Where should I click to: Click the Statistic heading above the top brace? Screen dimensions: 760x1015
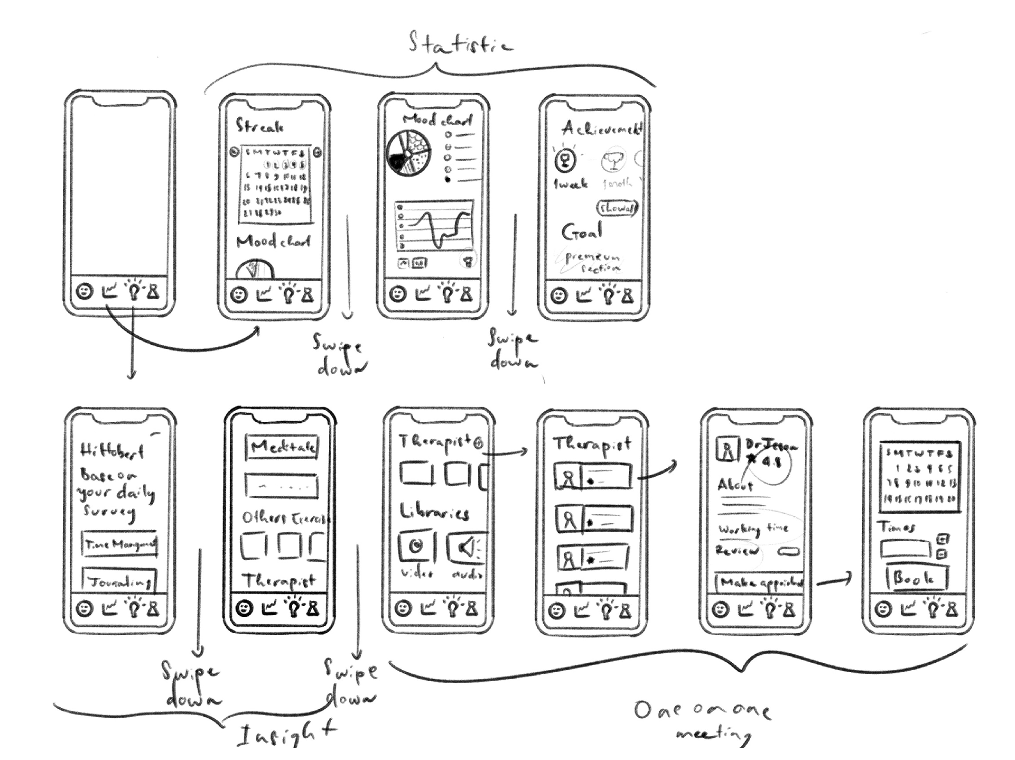click(x=461, y=44)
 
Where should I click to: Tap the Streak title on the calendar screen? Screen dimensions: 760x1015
click(x=260, y=126)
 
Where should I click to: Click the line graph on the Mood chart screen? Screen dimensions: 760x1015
click(x=434, y=226)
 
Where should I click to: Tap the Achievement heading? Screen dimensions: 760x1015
click(x=601, y=128)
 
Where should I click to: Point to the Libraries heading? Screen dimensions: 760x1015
click(x=434, y=512)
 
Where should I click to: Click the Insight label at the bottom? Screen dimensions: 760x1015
click(x=285, y=734)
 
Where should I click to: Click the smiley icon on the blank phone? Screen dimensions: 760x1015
click(x=84, y=291)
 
